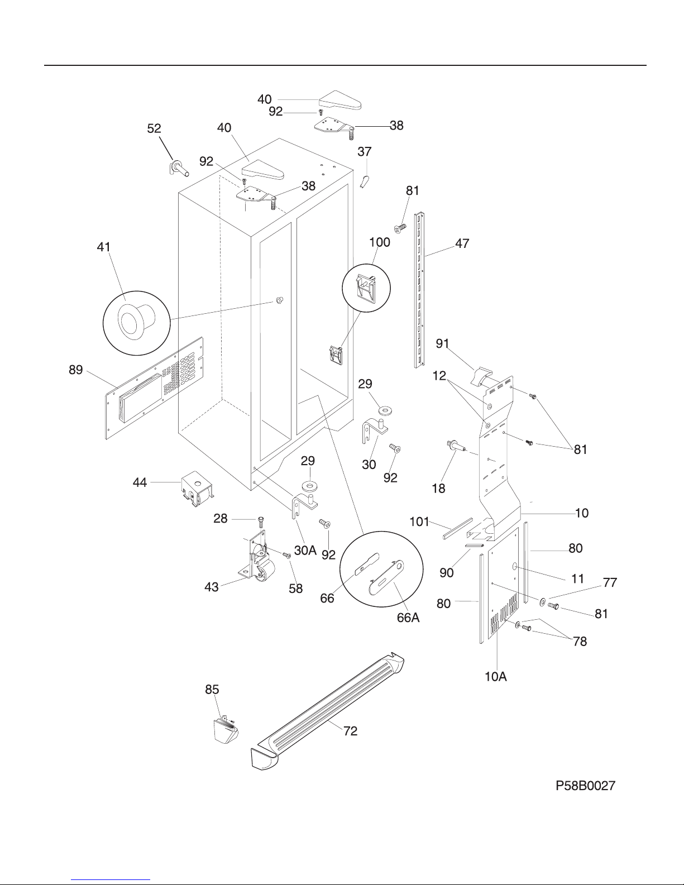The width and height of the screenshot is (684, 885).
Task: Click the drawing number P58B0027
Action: pyautogui.click(x=586, y=786)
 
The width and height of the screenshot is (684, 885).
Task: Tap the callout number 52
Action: pyautogui.click(x=154, y=128)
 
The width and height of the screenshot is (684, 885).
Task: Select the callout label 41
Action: pyautogui.click(x=103, y=247)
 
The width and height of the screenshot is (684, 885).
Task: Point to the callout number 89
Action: pyautogui.click(x=76, y=370)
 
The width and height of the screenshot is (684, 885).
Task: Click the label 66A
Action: pyautogui.click(x=408, y=618)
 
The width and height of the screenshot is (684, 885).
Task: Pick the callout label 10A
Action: pyautogui.click(x=496, y=677)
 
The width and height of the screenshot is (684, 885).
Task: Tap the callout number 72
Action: pyautogui.click(x=350, y=731)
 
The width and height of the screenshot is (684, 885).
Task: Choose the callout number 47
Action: pyautogui.click(x=462, y=243)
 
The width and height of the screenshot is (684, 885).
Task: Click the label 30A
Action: pyautogui.click(x=305, y=550)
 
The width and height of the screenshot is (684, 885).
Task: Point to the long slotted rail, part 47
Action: pyautogui.click(x=419, y=290)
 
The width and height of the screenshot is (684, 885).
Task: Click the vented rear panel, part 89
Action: pyautogui.click(x=154, y=388)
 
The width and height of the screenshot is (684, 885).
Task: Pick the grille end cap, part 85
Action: pyautogui.click(x=226, y=731)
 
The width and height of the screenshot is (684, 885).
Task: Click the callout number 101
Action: pyautogui.click(x=419, y=522)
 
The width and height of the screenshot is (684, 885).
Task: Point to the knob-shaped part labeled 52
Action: pyautogui.click(x=179, y=168)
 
